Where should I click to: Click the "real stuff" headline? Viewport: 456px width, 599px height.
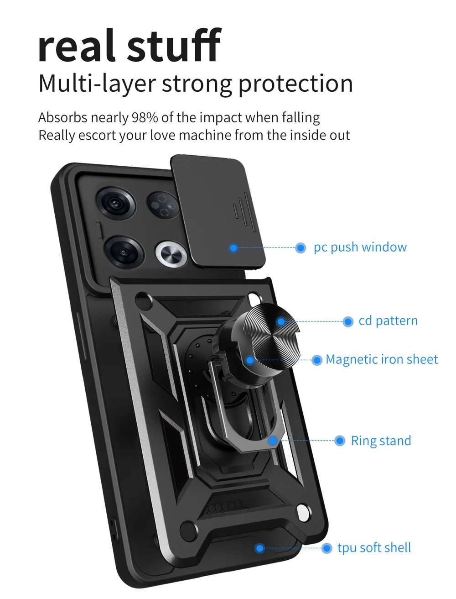click(129, 46)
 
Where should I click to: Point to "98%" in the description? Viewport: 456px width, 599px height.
click(145, 118)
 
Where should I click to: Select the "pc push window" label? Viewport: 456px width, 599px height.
click(360, 247)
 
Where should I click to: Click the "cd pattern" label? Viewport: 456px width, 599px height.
click(388, 321)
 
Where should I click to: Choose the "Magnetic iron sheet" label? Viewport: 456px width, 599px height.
click(381, 360)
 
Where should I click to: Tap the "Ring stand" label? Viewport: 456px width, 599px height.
click(381, 441)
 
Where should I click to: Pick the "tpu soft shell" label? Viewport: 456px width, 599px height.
click(374, 548)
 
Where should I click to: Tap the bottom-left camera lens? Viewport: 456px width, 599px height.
click(123, 252)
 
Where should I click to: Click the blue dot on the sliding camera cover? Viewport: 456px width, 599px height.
click(233, 248)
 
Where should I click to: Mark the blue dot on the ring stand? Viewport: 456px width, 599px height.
click(273, 441)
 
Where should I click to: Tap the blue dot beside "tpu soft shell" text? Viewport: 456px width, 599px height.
click(326, 548)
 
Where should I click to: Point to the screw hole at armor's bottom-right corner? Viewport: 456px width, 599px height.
click(302, 511)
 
